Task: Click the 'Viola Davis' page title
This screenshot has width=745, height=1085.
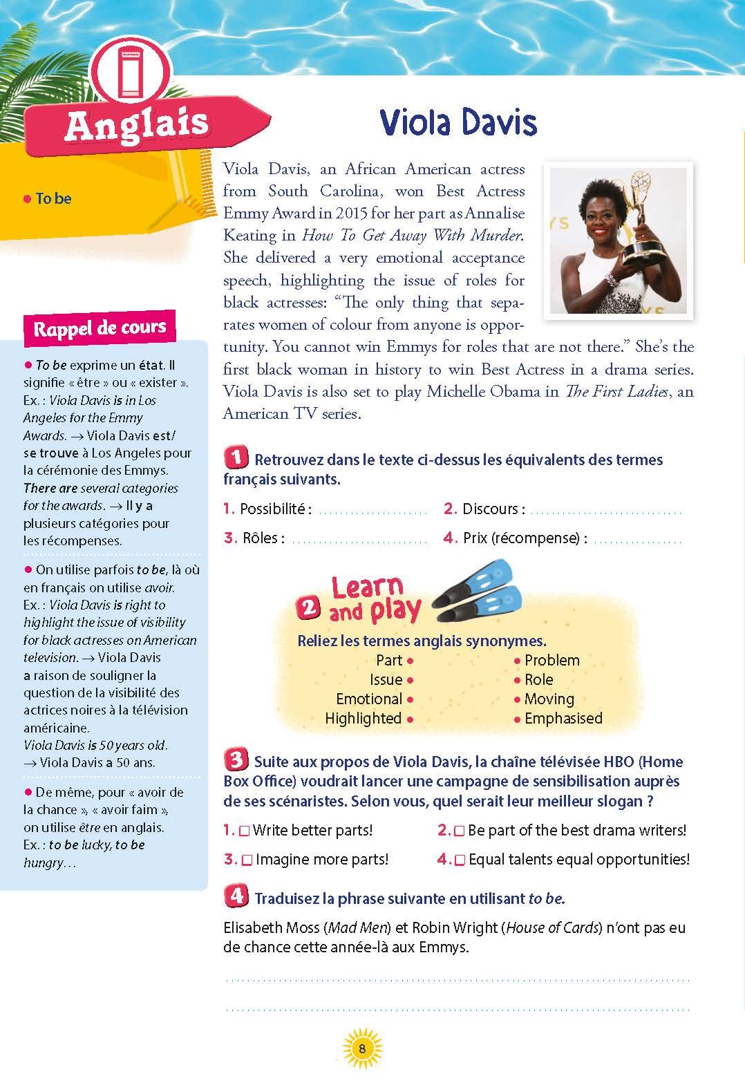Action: (458, 123)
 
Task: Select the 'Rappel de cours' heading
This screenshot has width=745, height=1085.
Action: (100, 328)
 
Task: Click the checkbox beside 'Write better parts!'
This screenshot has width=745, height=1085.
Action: (244, 831)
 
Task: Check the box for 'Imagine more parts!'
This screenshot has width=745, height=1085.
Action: (247, 860)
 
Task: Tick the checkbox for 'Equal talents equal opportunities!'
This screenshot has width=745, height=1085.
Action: (460, 860)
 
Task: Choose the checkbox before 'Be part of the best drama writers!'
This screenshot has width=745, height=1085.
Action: (459, 831)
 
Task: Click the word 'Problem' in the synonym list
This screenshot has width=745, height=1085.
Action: (551, 661)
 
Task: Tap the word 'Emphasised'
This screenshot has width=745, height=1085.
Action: (563, 719)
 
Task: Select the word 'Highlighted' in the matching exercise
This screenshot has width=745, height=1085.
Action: (363, 719)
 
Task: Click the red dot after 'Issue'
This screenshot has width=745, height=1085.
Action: (410, 681)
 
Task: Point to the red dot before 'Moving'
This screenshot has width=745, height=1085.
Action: (517, 700)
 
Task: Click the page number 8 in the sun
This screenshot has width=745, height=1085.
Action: (362, 1048)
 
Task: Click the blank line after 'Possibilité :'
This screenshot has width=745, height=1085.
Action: (372, 512)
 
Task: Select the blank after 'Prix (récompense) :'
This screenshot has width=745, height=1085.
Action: (637, 540)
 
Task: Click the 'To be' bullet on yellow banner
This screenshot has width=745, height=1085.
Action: (48, 199)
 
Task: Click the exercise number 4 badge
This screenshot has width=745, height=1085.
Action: (236, 897)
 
